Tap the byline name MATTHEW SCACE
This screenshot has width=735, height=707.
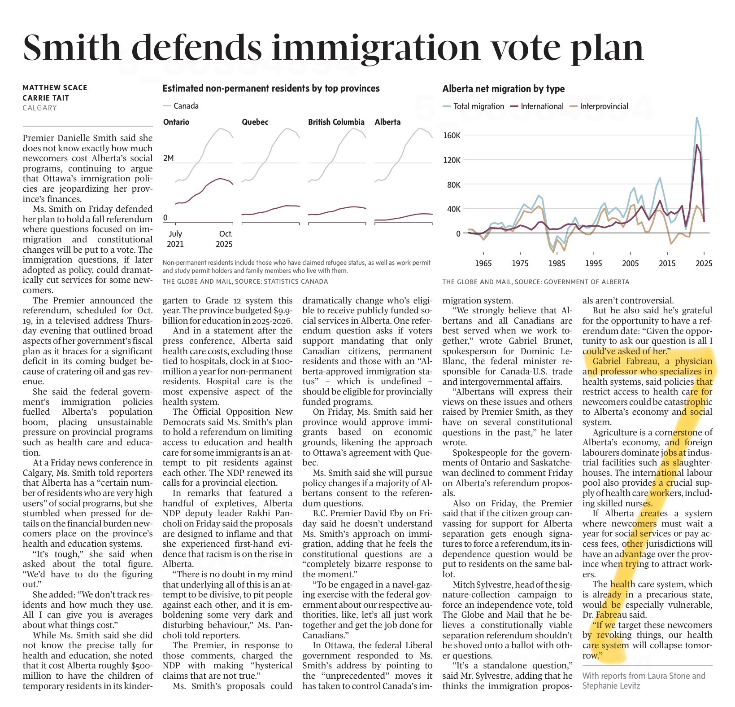55,88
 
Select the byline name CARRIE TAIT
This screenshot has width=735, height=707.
46,98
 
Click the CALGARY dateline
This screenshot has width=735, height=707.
40,108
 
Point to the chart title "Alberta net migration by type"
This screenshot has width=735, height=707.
503,89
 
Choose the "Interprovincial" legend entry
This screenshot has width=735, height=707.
604,106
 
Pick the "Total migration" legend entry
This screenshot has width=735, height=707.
478,106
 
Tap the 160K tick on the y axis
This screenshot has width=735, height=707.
452,136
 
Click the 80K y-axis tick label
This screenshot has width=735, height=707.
452,184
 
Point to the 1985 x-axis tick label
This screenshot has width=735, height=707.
557,263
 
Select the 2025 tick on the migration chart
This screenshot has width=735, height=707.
704,263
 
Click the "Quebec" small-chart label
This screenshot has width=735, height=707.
255,122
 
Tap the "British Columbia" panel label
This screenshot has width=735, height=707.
336,122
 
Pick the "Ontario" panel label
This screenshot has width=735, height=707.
176,122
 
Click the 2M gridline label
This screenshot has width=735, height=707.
168,158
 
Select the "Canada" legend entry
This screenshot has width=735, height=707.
186,106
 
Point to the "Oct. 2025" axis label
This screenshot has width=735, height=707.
225,239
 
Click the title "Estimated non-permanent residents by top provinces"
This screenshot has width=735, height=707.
271,88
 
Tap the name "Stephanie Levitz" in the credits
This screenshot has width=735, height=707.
611,685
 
